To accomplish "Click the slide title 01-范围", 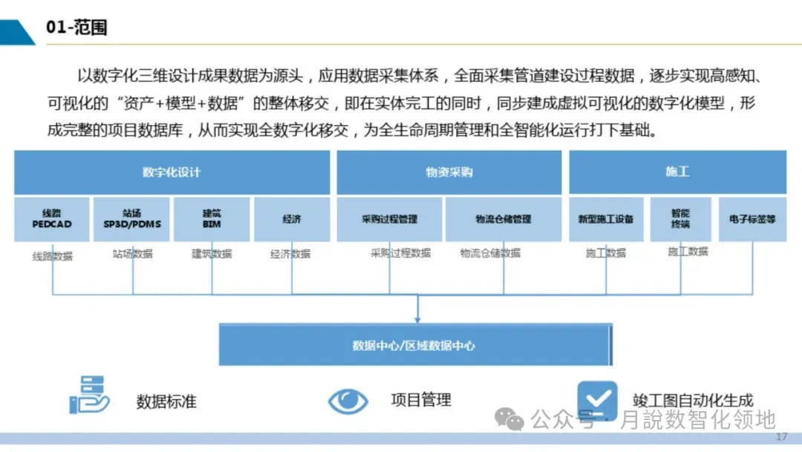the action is [76, 28].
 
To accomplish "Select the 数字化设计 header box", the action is [172, 172].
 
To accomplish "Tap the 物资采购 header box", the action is [449, 172].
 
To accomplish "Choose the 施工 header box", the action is [677, 172].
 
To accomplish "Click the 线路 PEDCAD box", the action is [52, 219].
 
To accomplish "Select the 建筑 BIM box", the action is [212, 219].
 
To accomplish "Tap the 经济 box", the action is [291, 219].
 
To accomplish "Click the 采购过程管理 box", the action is [389, 219].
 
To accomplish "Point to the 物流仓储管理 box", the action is [503, 219].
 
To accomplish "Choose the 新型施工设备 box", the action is [606, 219].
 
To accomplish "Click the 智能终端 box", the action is [680, 219].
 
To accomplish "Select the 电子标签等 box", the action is [752, 219].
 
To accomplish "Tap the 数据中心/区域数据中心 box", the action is [414, 345].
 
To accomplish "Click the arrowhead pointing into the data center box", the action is [417, 320].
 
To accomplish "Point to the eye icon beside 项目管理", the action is [348, 401].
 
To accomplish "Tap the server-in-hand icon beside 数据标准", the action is [88, 395].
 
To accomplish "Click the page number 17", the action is [780, 436].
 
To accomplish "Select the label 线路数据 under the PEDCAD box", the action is [52, 256].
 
